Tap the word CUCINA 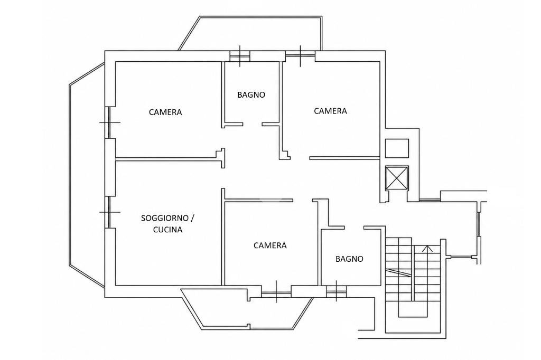(x=167, y=229)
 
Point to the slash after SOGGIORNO (x=192, y=218)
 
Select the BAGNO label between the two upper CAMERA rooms (x=251, y=94)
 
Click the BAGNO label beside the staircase (x=350, y=259)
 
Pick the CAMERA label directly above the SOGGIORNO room (x=165, y=112)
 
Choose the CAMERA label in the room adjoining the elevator (x=330, y=111)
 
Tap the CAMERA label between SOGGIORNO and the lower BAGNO (x=270, y=245)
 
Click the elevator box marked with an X (x=397, y=178)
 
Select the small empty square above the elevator (x=397, y=148)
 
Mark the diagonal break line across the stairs (x=399, y=272)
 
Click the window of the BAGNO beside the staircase (x=337, y=291)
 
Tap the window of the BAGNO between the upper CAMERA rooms (x=240, y=56)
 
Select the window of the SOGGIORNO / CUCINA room (x=109, y=212)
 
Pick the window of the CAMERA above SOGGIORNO (x=109, y=122)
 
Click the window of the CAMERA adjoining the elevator (x=300, y=56)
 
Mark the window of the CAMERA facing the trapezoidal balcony (x=276, y=291)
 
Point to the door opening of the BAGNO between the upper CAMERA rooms (x=252, y=124)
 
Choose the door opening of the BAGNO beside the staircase (x=355, y=228)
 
